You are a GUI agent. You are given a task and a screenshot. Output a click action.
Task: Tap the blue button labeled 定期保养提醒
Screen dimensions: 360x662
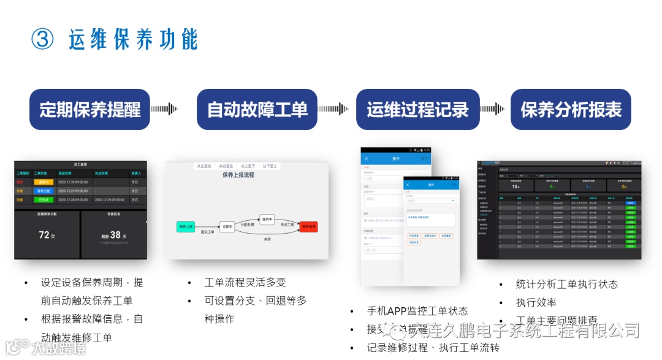[x=90, y=110]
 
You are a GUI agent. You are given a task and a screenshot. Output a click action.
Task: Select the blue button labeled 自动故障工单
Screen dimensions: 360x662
[x=257, y=110]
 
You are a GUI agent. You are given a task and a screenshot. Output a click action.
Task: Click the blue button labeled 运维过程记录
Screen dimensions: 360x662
[x=417, y=110]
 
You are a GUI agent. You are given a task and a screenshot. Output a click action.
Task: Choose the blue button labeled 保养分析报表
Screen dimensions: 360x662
[x=571, y=110]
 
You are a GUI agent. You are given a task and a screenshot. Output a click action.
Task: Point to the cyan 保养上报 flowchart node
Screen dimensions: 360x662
[x=186, y=226]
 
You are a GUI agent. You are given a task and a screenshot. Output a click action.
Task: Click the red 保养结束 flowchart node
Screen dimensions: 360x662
[x=309, y=226]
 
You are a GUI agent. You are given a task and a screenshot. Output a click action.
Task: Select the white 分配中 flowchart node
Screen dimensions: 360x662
[x=226, y=226]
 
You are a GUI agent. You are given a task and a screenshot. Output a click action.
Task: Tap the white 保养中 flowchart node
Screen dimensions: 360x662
[x=267, y=219]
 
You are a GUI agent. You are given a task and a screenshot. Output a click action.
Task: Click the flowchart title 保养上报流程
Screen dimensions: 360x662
[x=238, y=175]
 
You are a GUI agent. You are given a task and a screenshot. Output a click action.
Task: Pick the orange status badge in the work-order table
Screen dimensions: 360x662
[x=44, y=182]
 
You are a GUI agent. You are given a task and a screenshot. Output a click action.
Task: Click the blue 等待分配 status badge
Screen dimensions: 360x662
[x=44, y=191]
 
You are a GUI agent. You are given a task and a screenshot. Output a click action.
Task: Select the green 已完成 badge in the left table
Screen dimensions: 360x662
[x=44, y=200]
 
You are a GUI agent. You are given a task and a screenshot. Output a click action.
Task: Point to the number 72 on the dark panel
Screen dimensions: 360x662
[x=44, y=235]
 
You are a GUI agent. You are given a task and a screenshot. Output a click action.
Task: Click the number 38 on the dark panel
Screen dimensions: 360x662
[x=115, y=235]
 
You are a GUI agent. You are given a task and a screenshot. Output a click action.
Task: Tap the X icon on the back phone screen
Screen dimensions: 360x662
[x=366, y=159]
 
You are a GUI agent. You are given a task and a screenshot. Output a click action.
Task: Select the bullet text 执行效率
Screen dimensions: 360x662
[x=536, y=302]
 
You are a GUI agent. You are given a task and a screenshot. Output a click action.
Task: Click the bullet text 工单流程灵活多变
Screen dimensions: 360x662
[x=245, y=283]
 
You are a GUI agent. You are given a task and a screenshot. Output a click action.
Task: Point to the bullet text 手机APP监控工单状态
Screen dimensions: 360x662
[x=417, y=311]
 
